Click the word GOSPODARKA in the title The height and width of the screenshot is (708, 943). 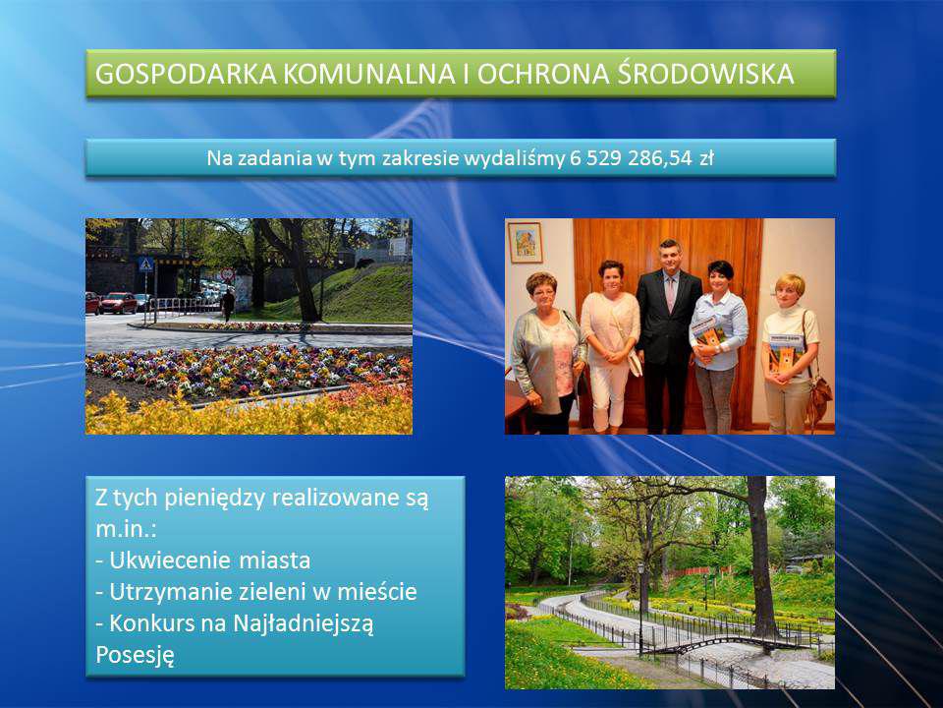point(186,74)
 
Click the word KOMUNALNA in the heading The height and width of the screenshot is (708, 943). point(368,74)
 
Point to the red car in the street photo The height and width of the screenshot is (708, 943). point(118,303)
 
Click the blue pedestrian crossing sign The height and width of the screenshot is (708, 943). point(145,265)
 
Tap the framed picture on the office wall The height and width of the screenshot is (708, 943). point(525,243)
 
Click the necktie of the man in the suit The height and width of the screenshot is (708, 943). point(670,293)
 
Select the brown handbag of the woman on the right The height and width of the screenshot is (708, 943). point(817,397)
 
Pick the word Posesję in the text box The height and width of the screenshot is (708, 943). point(136,655)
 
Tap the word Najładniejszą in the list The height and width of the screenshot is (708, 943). point(303,623)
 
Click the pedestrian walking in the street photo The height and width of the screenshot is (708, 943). point(228,304)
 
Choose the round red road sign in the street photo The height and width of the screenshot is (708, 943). point(227,274)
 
